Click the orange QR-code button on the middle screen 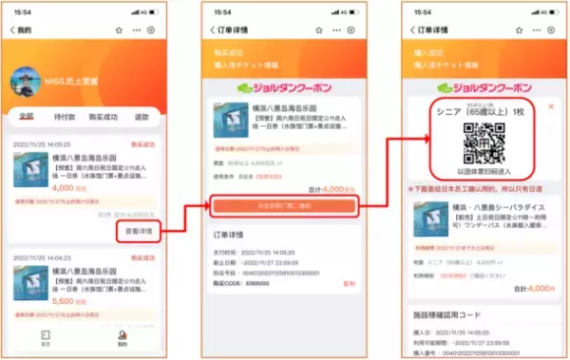285,204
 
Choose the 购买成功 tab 102,116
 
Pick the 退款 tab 140,116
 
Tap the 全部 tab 27,116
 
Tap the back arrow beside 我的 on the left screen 11,30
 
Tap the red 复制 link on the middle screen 349,282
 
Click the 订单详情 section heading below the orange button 231,234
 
